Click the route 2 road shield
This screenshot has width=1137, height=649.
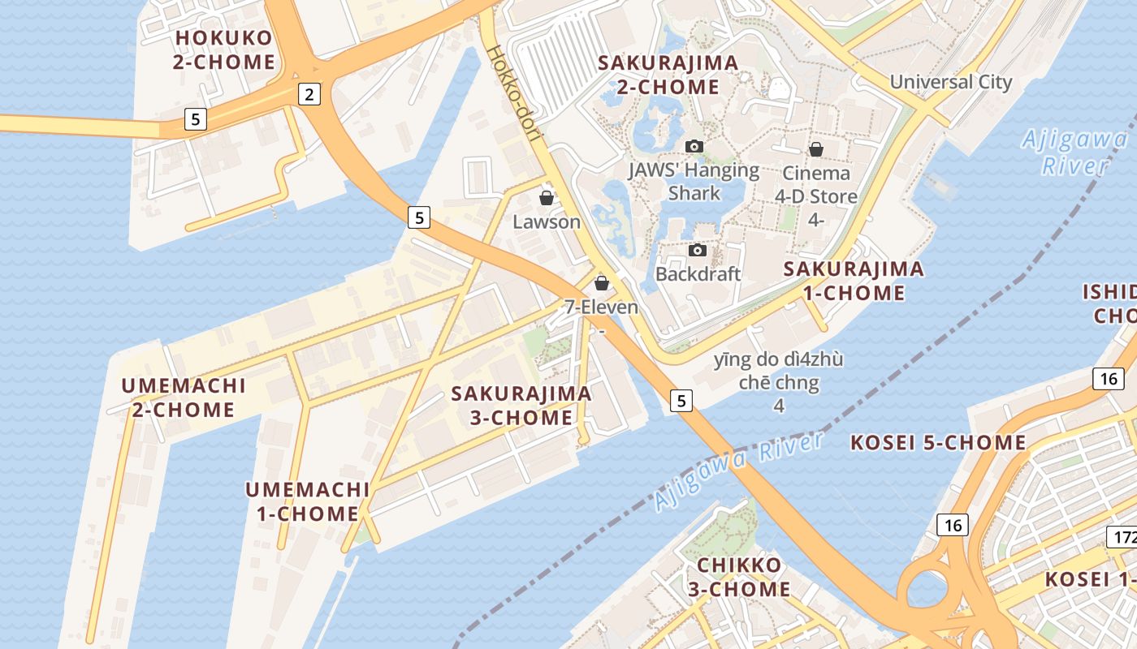pos(309,94)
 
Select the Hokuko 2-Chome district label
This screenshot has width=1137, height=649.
pos(223,50)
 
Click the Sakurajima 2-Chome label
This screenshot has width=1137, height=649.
pos(668,75)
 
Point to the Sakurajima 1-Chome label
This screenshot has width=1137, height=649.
pos(854,281)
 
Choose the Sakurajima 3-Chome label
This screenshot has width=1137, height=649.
pos(521,406)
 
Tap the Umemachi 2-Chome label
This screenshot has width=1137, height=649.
pos(184,398)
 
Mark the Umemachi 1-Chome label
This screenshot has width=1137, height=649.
pos(308,501)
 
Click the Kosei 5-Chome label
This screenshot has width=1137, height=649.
pos(938,443)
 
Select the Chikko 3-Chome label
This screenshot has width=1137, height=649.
pos(739,577)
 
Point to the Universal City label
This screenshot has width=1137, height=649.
pos(951,82)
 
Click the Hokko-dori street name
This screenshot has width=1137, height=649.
pos(514,94)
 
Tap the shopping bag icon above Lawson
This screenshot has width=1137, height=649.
pos(547,198)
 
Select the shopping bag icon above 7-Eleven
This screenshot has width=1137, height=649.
pos(602,283)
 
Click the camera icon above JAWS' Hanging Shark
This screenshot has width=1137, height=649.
pos(694,147)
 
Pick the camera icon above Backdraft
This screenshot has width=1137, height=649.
pos(698,251)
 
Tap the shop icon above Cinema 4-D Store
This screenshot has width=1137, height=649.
pos(816,150)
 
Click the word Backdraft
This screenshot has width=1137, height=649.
pos(698,274)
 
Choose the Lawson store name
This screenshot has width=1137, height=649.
pos(547,221)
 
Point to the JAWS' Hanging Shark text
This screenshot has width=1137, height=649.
pos(694,182)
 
